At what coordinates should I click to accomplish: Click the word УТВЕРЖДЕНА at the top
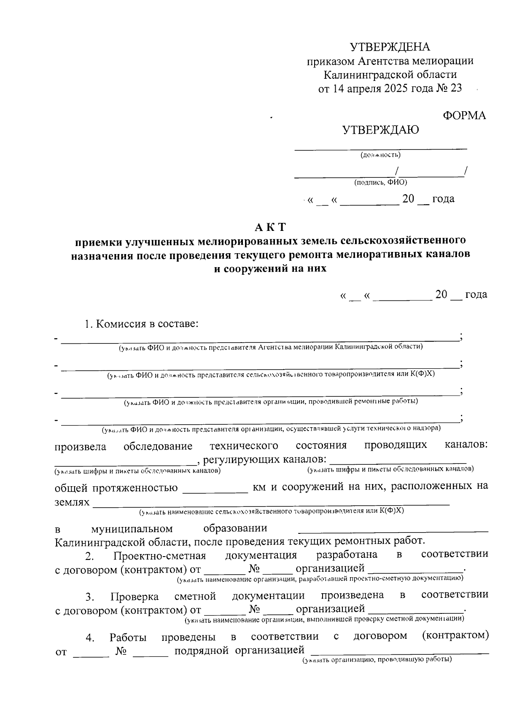point(390,47)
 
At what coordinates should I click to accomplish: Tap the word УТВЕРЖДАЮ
point(381,130)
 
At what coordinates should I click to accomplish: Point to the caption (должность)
point(380,155)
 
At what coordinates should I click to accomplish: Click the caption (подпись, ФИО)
point(380,182)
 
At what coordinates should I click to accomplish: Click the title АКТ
point(270,227)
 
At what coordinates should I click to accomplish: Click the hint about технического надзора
point(270,429)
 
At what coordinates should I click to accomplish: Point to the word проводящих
point(395,445)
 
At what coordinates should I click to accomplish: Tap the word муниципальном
point(132,529)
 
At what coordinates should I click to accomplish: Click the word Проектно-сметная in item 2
point(159,556)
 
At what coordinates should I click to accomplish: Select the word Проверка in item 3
point(135,597)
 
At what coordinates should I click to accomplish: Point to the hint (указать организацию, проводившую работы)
point(376,660)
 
